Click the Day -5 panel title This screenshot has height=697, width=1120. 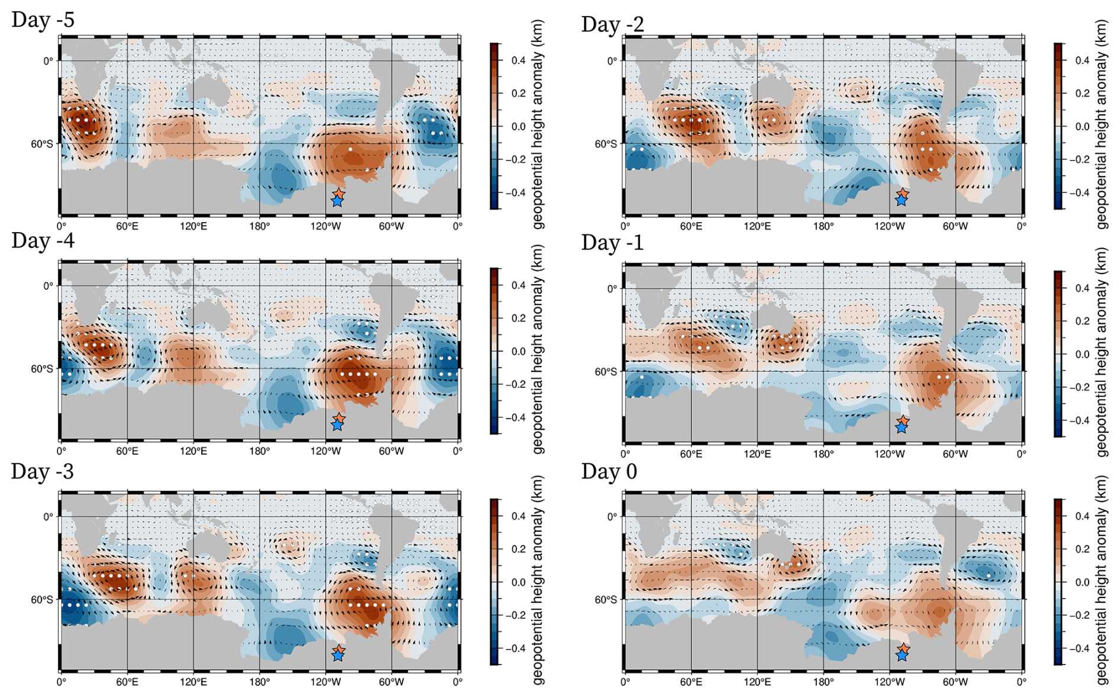click(x=43, y=20)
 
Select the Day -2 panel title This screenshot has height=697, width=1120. click(x=612, y=24)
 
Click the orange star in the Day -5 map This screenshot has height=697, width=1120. click(x=339, y=194)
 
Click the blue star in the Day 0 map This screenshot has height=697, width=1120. click(x=902, y=656)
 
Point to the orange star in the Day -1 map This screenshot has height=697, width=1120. click(x=903, y=420)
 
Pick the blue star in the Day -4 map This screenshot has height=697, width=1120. click(x=337, y=425)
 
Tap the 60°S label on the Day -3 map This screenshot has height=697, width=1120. click(x=41, y=599)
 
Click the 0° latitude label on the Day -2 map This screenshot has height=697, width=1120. click(x=612, y=61)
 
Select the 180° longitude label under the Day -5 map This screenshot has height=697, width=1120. click(x=259, y=226)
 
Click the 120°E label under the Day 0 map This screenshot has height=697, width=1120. click(x=757, y=682)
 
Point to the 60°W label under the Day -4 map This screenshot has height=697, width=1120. click(x=391, y=451)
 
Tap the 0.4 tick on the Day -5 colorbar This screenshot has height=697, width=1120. click(x=519, y=60)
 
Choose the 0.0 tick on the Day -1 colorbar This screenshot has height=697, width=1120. click(x=1082, y=354)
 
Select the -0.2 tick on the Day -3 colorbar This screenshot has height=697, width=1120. click(x=515, y=615)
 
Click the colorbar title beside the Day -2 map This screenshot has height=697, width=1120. click(x=1102, y=124)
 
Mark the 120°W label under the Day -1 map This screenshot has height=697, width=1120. click(x=889, y=454)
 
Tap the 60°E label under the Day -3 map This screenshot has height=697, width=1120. click(x=127, y=682)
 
